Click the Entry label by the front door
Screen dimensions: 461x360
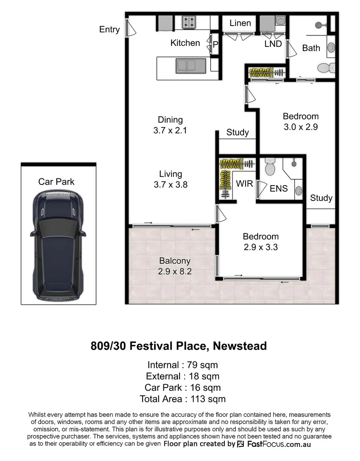(x=109, y=29)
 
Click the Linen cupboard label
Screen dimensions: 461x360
(x=240, y=23)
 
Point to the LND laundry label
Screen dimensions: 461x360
(x=273, y=44)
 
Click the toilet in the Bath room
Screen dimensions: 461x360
(x=328, y=67)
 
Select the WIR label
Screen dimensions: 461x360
(x=244, y=184)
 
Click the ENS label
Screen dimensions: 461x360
(x=279, y=189)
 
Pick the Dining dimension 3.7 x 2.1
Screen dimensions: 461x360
(x=170, y=131)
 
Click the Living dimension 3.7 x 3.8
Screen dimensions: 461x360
(x=170, y=185)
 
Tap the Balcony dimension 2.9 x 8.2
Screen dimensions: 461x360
(x=174, y=271)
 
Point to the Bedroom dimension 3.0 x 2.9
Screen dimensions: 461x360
(x=301, y=127)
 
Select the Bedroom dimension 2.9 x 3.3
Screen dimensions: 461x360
(x=261, y=247)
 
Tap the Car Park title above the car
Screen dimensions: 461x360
(x=56, y=182)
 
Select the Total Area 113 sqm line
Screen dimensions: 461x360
(x=183, y=399)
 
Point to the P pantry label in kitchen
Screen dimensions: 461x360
(x=215, y=44)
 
